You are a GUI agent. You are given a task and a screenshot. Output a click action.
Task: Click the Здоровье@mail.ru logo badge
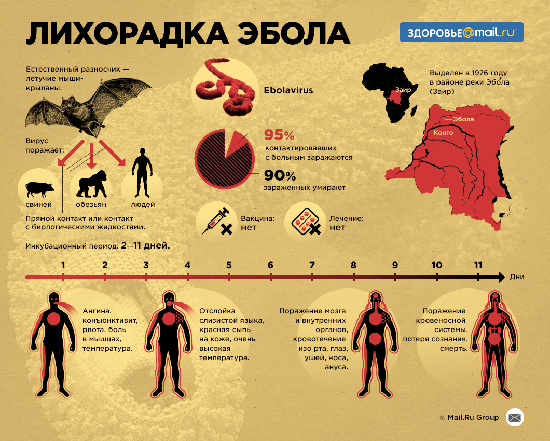click(461, 32)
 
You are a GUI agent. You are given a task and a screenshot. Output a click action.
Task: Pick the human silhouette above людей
click(142, 172)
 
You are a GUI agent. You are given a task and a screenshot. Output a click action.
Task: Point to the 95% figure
click(279, 135)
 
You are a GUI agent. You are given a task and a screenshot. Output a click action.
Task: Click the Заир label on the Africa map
click(403, 90)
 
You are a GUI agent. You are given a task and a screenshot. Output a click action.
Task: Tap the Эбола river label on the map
click(463, 119)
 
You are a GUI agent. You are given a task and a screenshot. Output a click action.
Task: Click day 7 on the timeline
click(312, 266)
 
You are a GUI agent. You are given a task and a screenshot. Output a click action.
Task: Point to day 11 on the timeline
click(478, 266)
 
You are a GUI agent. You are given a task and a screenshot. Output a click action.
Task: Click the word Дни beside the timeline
click(517, 277)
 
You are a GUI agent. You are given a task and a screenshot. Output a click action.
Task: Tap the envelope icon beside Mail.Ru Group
click(515, 417)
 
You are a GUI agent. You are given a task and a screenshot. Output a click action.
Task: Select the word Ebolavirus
click(288, 90)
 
